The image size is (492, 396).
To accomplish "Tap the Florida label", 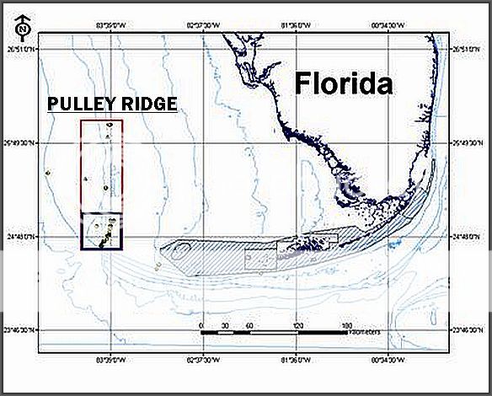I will pyautogui.click(x=344, y=83).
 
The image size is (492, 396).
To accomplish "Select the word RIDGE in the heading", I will pyautogui.click(x=149, y=104).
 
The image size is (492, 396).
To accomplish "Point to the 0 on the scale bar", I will pyautogui.click(x=201, y=324).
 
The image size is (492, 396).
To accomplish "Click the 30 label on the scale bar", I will pyautogui.click(x=225, y=324).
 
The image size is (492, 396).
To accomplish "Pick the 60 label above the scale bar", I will pyautogui.click(x=249, y=324).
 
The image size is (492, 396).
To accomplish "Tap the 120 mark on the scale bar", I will pyautogui.click(x=298, y=324).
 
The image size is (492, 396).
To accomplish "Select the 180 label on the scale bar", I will pyautogui.click(x=346, y=324).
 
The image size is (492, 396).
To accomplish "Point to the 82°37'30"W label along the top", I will pyautogui.click(x=203, y=24).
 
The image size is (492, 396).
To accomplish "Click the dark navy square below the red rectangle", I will pyautogui.click(x=102, y=231).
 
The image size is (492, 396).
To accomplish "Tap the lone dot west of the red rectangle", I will pyautogui.click(x=50, y=174).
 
